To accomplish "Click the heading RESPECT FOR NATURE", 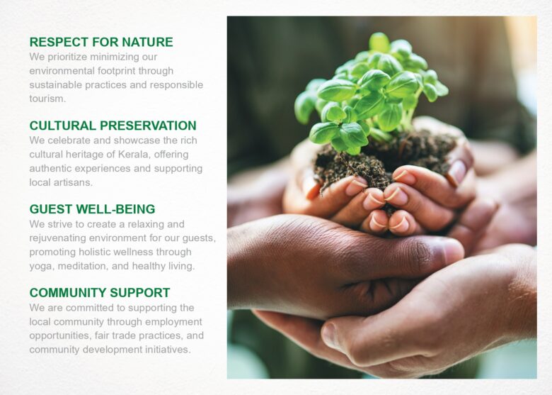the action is (101, 42).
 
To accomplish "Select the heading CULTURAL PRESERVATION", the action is (113, 126).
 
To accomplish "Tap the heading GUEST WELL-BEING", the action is (92, 209).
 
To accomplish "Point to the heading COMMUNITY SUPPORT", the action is (100, 293).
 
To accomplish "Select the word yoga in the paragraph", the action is (40, 267).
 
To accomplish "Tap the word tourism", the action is (47, 99).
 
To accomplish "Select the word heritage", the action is (83, 155).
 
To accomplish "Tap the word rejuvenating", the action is (58, 238).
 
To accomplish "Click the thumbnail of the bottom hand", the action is (330, 335).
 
